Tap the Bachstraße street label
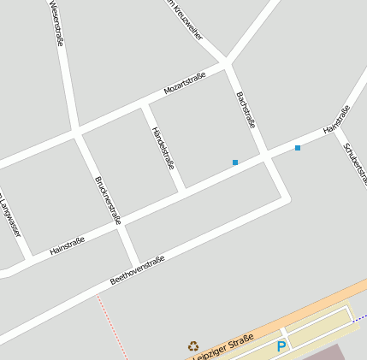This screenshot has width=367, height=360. (x=246, y=109)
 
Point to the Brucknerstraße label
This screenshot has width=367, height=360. (x=108, y=199)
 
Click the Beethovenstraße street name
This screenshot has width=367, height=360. (x=137, y=270)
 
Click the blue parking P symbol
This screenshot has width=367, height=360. (x=281, y=346)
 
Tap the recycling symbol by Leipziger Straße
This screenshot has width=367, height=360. (x=193, y=346)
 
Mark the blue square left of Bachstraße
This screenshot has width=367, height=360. (x=234, y=162)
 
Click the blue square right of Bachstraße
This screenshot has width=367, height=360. (x=298, y=148)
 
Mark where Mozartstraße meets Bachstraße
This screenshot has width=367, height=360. (x=227, y=63)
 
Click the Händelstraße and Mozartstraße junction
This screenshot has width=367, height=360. (x=145, y=104)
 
